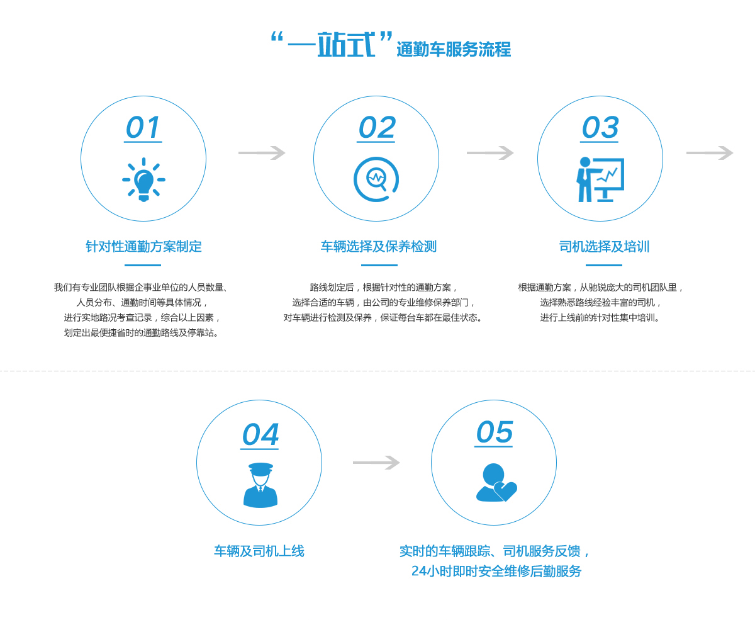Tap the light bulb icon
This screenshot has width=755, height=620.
(143, 180)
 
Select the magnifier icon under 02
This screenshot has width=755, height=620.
(376, 179)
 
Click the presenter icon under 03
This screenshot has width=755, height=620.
(600, 179)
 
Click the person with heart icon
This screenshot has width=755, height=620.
(496, 483)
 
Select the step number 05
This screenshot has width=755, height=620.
(494, 432)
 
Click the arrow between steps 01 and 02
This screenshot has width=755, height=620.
(262, 153)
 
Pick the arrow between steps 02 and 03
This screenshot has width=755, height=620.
(490, 153)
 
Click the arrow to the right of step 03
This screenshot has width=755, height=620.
(710, 153)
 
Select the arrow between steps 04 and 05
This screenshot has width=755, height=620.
(376, 463)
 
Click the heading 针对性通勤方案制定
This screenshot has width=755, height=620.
(143, 247)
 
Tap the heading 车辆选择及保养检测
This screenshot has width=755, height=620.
(378, 247)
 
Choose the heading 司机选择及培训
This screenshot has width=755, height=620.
(604, 247)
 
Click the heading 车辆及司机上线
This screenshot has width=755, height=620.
(259, 551)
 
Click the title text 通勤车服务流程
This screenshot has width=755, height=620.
(454, 50)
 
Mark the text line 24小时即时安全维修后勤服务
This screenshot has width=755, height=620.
(496, 572)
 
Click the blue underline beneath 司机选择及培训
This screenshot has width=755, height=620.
(604, 265)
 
